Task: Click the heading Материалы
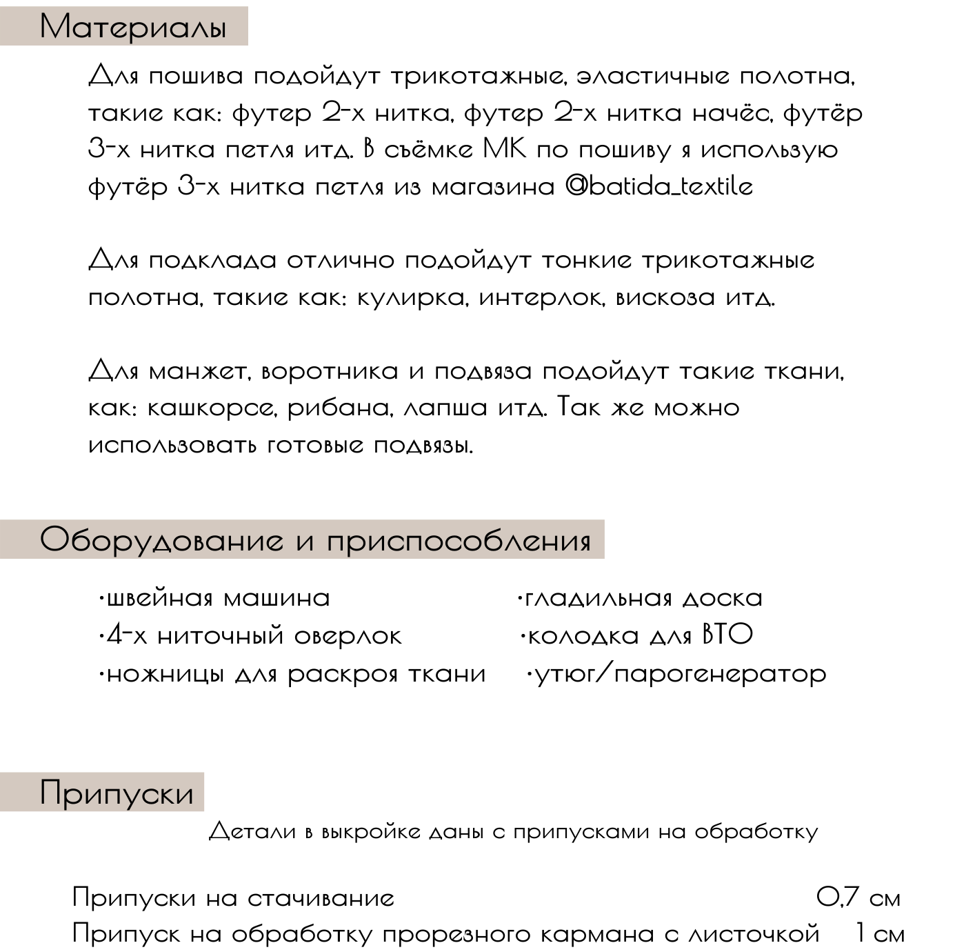coord(132,28)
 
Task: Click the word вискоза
coord(665,298)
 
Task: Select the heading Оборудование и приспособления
coord(315,540)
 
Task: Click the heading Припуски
coord(117,793)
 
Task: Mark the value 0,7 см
coord(858,898)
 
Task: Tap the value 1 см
coord(879,934)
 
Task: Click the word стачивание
coord(321,898)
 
